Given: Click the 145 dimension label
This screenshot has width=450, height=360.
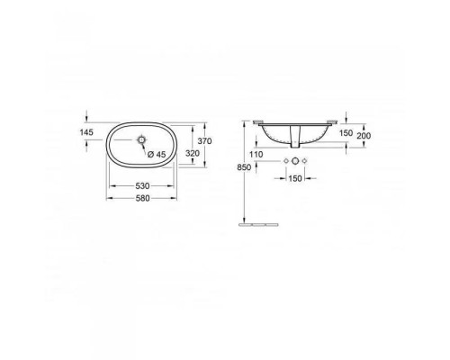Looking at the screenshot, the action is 86,132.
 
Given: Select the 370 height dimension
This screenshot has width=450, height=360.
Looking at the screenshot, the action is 205,140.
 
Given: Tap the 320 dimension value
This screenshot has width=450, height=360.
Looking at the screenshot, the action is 193,153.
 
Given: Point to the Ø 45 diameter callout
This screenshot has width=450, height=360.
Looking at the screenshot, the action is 157,154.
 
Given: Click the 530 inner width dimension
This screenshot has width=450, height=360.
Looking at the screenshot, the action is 142,186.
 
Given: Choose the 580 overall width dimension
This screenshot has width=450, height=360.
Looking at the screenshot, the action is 142,198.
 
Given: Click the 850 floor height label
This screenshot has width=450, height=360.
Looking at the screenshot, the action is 244,167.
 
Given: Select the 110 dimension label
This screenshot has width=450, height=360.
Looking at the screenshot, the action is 256,155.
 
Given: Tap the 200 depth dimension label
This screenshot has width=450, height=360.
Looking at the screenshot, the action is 364,136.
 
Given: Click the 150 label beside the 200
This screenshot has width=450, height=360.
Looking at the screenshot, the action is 346,133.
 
